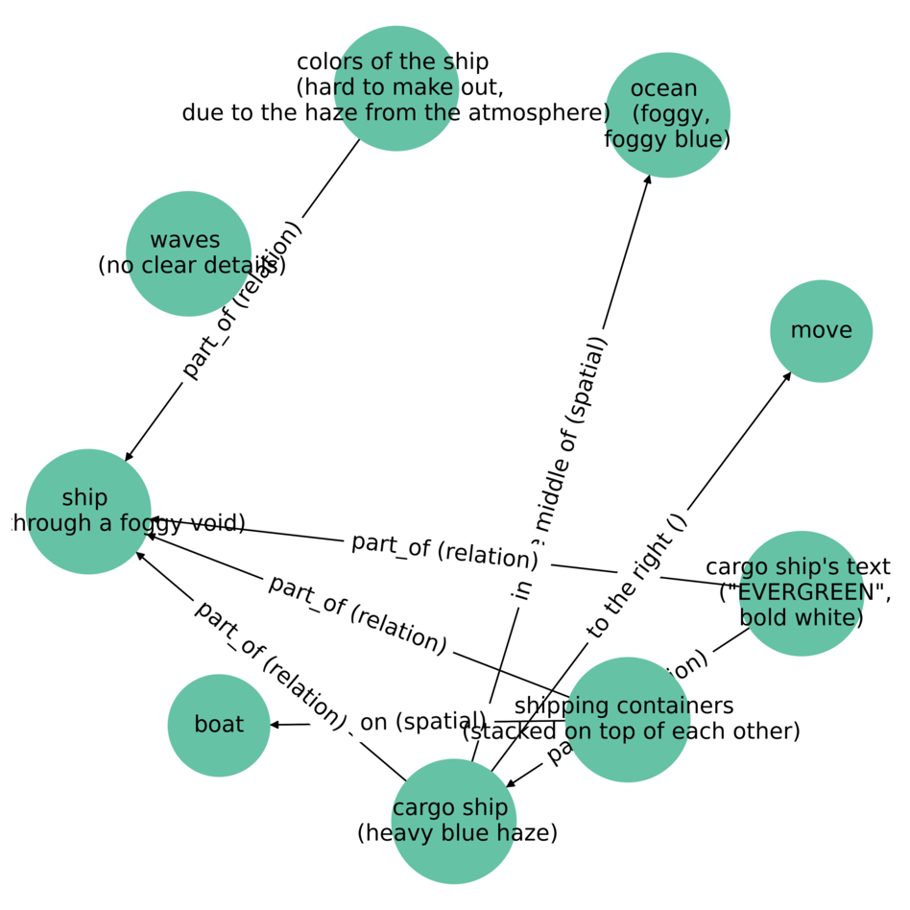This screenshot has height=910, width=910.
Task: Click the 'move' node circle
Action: coord(821,331)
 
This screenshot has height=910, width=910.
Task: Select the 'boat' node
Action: coord(219,725)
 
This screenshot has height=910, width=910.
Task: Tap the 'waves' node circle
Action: coord(188,253)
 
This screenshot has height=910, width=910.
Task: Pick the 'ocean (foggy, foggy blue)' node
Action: coord(667,114)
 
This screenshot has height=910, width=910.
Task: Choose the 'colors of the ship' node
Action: coord(395,88)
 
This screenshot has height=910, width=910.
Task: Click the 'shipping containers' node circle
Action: coord(627,719)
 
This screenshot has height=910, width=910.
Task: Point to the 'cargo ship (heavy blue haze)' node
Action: coord(454,821)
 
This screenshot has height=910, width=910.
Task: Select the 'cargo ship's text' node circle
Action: coord(801,593)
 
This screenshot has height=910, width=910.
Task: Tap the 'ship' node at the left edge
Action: coord(88,511)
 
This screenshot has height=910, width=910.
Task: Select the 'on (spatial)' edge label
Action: coord(423,722)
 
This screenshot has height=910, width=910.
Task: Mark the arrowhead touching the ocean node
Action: coord(648,180)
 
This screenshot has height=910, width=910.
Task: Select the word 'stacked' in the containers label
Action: coord(510,731)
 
